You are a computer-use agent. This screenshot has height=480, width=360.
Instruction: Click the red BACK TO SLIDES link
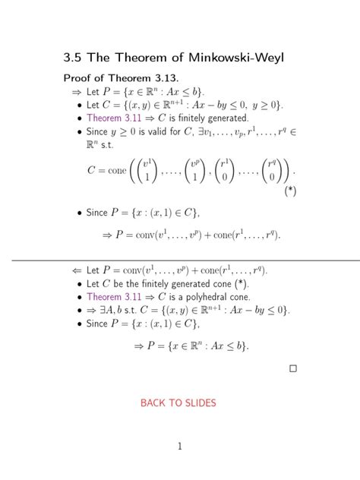[x=178, y=403]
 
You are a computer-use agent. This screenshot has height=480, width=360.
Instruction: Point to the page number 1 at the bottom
[x=180, y=447]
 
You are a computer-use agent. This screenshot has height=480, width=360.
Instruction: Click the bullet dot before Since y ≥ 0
[x=80, y=132]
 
